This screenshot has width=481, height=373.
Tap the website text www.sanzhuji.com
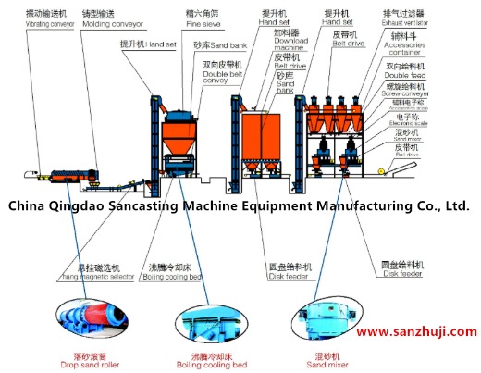(416, 331)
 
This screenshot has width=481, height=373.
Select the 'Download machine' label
(291, 42)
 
